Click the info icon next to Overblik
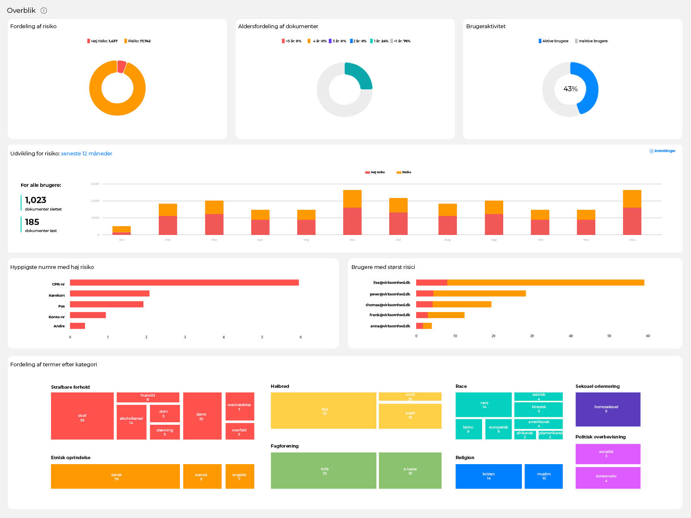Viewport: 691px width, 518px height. [44, 10]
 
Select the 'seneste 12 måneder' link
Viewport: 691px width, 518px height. [86, 153]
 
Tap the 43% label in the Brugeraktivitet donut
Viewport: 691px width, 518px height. [570, 89]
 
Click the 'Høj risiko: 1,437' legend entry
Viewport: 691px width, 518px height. [102, 41]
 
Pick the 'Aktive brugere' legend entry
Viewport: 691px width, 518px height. [553, 41]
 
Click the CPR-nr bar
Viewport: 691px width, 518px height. [184, 283]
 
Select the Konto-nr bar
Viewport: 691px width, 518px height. [88, 315]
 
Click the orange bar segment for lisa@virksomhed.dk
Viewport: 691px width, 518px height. [546, 283]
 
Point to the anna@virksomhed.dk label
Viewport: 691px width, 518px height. [390, 326]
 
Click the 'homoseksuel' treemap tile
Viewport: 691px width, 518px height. [608, 409]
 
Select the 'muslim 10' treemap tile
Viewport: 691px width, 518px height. [543, 476]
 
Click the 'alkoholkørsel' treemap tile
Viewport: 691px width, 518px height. [131, 420]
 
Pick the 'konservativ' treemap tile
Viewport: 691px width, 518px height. [608, 478]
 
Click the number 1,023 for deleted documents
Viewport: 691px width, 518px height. [36, 200]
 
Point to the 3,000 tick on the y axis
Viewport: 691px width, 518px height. [95, 184]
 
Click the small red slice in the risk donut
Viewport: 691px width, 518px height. [121, 66]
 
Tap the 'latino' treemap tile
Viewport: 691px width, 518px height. [468, 429]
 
